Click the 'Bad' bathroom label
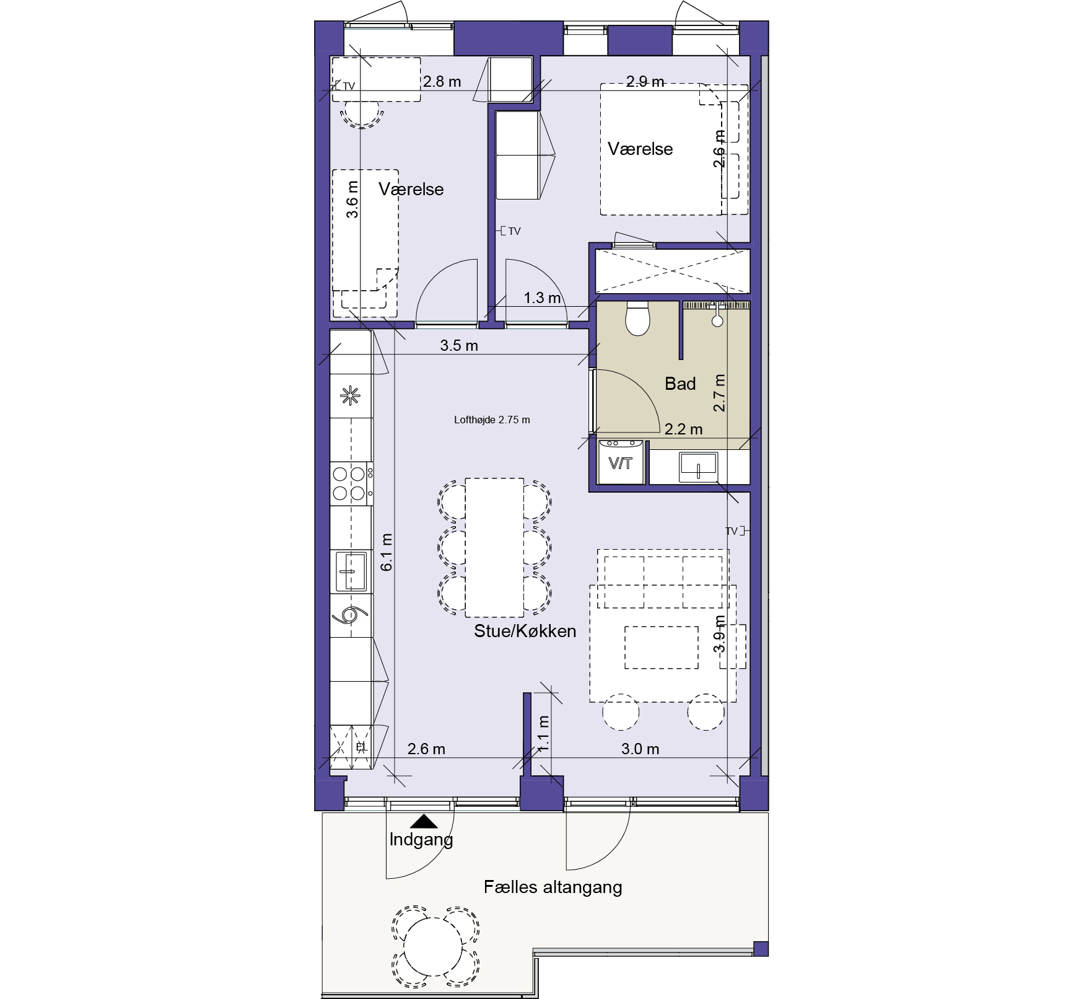tap(680, 384)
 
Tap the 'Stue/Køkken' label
tap(525, 631)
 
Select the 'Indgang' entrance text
tap(421, 840)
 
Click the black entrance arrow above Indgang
tap(424, 821)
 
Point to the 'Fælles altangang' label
tap(553, 887)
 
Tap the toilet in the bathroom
tap(637, 318)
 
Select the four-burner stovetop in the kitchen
tap(351, 483)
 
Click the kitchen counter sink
tap(351, 571)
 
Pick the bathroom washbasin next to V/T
tap(698, 466)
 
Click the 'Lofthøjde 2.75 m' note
tap(492, 420)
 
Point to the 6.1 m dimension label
tap(387, 552)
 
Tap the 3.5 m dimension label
tap(459, 346)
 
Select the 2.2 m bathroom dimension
tap(683, 429)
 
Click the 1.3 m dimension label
tap(542, 297)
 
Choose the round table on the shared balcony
tap(434, 947)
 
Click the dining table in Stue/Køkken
tap(494, 547)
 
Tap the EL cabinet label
tap(361, 747)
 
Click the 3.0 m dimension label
tap(640, 749)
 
